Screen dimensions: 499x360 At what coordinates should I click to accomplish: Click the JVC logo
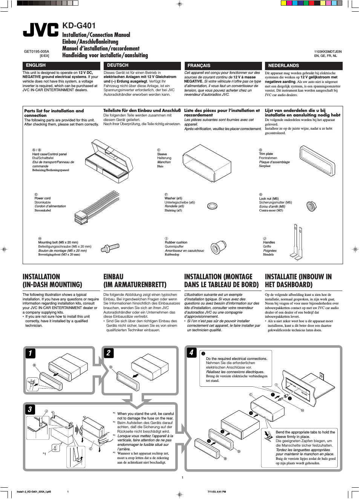[41, 30]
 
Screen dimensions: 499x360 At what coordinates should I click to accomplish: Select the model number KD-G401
[79, 26]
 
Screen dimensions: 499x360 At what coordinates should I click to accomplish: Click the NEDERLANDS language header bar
[303, 66]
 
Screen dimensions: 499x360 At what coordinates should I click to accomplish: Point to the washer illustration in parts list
[212, 206]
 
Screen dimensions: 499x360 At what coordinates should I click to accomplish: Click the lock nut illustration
[311, 206]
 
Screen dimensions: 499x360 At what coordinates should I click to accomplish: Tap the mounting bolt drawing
[110, 248]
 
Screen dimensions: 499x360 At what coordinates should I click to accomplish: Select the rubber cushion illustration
[218, 248]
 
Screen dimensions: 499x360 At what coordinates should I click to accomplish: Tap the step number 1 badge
[30, 353]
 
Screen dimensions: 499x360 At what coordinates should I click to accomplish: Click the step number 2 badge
[109, 353]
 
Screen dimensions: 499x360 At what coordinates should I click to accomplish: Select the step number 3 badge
[30, 409]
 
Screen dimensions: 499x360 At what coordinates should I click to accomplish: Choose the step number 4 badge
[191, 352]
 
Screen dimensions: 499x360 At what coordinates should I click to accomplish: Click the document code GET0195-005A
[36, 51]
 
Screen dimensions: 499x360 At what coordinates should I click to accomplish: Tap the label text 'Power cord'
[42, 198]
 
